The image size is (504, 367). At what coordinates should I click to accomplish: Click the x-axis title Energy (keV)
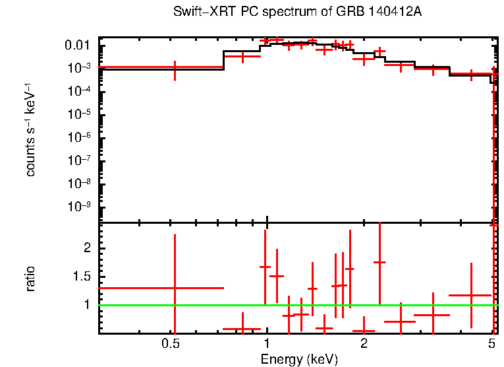click(299, 359)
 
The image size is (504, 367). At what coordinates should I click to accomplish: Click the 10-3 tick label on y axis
click(80, 68)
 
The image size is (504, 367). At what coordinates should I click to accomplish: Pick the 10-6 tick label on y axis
click(80, 137)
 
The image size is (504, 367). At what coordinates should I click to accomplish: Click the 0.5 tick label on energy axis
click(171, 344)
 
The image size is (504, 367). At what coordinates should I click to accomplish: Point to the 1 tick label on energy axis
click(267, 344)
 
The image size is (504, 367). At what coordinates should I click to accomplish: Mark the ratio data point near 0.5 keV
click(175, 288)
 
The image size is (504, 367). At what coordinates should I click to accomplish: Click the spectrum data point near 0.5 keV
click(175, 67)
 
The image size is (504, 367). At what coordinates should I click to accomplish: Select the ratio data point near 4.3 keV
click(471, 295)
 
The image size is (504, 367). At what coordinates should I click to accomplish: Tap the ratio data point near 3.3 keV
click(433, 315)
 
